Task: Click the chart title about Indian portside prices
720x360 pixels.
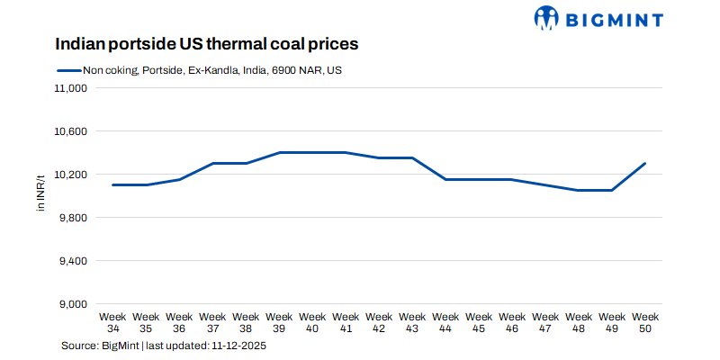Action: click(x=208, y=44)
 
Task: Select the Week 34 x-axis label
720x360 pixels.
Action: click(x=112, y=322)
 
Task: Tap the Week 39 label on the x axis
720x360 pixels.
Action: click(x=279, y=322)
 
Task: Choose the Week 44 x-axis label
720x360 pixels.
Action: click(x=445, y=322)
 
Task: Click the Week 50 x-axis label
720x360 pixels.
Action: click(x=645, y=322)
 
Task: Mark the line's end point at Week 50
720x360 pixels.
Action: click(x=645, y=164)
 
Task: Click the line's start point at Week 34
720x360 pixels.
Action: click(x=112, y=184)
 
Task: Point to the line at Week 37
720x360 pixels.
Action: click(x=212, y=164)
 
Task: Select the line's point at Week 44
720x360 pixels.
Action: click(x=445, y=179)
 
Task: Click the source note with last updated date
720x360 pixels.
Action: click(x=163, y=346)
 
